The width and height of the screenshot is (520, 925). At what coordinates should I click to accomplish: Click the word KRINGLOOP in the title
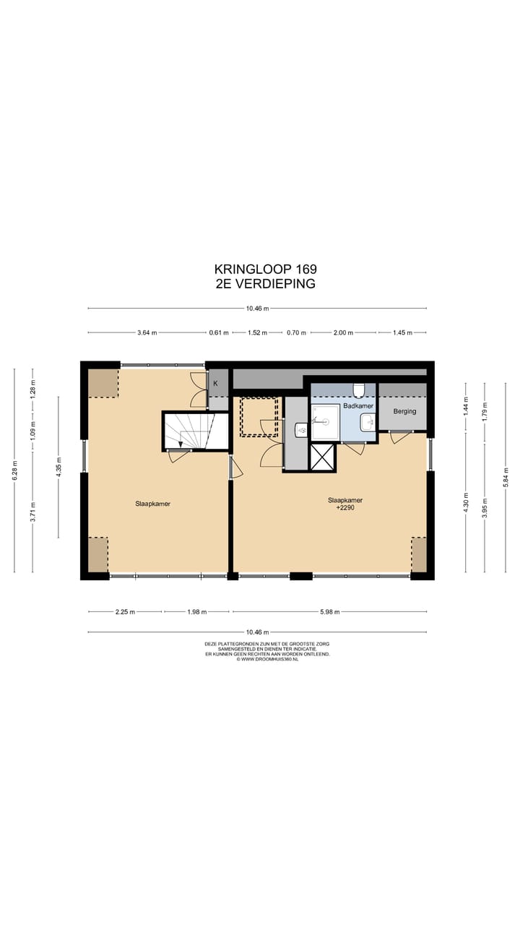coord(253,270)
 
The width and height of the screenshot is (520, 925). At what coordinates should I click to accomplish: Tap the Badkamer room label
coord(358,406)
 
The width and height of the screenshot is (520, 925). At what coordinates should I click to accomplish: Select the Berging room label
coord(404,412)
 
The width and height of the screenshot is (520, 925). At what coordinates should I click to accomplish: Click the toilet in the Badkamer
coord(359,390)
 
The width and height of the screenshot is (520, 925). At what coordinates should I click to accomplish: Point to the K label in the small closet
coord(215,384)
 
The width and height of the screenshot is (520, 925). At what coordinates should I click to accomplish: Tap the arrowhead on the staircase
coord(181,444)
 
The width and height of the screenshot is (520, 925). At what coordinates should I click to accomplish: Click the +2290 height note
coord(345,508)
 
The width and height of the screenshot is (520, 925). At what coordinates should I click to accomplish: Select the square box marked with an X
coord(323,457)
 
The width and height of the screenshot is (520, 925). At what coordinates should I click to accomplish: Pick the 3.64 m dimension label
coord(147,333)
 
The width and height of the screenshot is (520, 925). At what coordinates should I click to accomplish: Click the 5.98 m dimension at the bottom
coord(330,612)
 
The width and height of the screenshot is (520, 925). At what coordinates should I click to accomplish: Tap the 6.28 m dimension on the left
coord(15,470)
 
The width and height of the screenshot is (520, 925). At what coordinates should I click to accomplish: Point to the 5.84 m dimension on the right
coord(506,478)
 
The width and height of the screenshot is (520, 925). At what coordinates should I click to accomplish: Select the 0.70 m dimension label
coord(296,333)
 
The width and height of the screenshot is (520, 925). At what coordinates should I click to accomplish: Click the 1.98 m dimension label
coord(197,612)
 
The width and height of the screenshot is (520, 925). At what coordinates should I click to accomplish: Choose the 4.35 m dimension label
coord(58,467)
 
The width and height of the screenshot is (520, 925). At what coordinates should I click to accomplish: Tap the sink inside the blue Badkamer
coord(368,423)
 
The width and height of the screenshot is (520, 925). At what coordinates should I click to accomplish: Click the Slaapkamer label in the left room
coord(152,504)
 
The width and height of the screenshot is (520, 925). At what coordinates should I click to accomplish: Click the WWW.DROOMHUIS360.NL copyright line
coord(267,660)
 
